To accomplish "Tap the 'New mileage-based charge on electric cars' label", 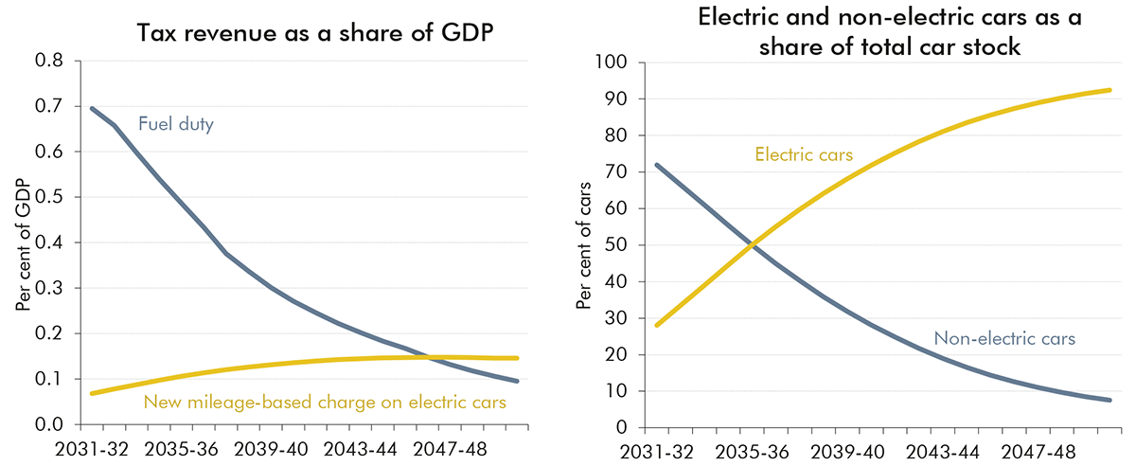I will pos(325,403).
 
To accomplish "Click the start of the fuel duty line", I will pos(92,108).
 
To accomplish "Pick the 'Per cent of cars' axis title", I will pos(583,245).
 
